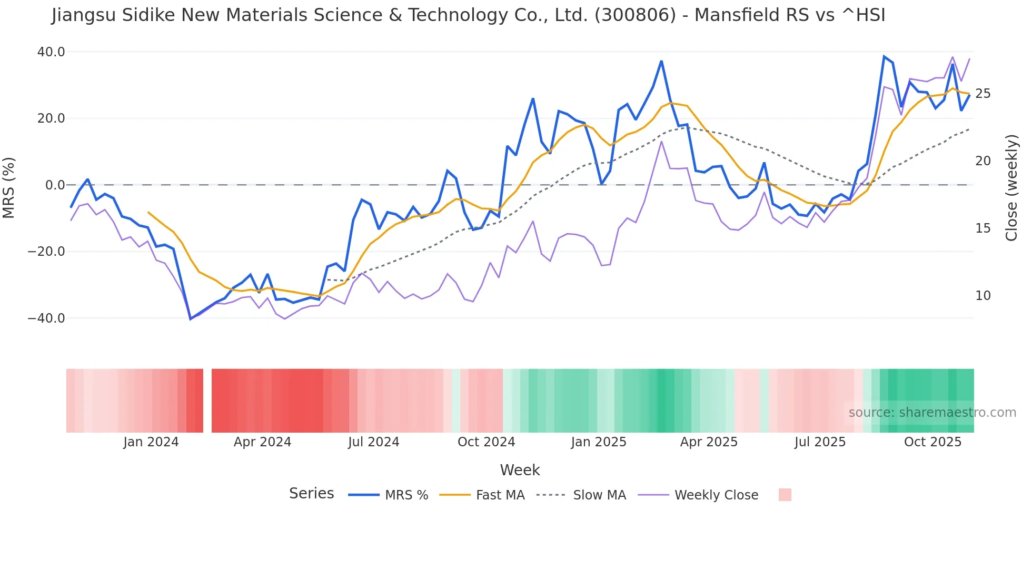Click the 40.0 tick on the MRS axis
click(51, 52)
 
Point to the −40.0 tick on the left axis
click(46, 318)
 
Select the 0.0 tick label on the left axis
click(55, 185)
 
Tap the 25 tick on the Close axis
click(983, 94)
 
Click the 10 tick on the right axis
click(983, 296)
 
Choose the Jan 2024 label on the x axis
click(151, 442)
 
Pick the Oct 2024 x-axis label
click(486, 442)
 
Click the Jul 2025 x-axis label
click(820, 442)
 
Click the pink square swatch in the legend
click(785, 495)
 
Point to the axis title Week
click(520, 470)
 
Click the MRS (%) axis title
click(9, 187)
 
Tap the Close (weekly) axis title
click(1011, 187)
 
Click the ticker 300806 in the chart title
click(635, 15)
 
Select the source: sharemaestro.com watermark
click(932, 413)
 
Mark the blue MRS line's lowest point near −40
click(191, 319)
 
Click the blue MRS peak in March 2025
click(661, 62)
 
